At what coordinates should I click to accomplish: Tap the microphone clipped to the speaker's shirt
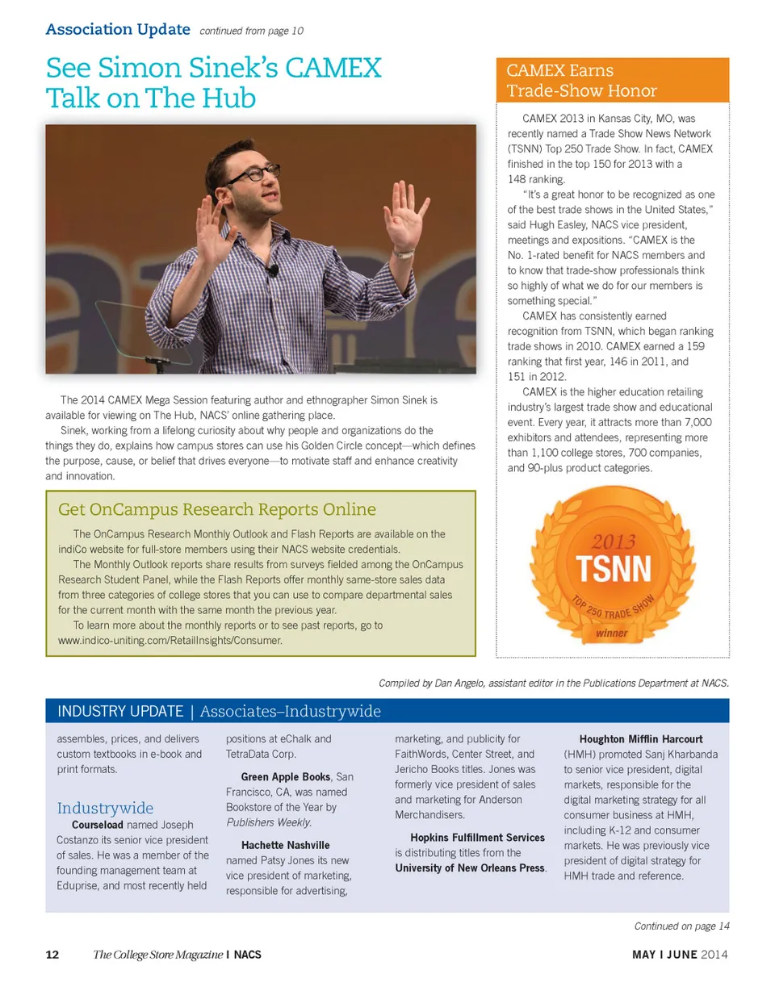click(274, 270)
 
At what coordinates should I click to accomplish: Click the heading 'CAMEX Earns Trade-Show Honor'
click(581, 81)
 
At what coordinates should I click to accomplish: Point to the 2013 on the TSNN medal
click(614, 541)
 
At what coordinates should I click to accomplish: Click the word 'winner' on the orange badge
click(611, 633)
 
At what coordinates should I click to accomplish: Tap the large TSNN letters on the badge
click(614, 570)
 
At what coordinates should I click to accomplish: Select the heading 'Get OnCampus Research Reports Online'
click(217, 509)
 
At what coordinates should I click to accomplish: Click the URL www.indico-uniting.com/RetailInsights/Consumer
click(170, 640)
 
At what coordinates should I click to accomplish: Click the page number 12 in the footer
click(52, 955)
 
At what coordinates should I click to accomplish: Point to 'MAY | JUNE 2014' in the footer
click(681, 955)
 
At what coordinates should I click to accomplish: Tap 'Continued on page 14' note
click(681, 925)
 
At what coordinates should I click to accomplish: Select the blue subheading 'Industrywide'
click(105, 808)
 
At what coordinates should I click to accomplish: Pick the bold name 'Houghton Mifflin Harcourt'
click(641, 738)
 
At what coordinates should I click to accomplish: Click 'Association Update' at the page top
click(118, 30)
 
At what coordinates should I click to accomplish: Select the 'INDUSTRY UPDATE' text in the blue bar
click(120, 711)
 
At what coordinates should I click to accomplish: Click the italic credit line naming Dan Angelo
click(554, 683)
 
